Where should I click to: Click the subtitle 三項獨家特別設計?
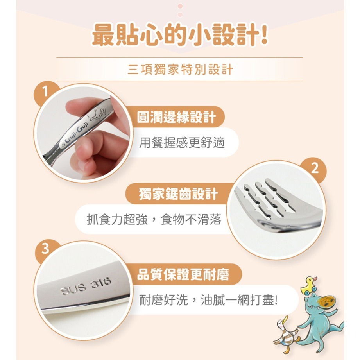[180, 70]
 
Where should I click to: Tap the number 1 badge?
[46, 92]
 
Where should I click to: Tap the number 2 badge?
[315, 168]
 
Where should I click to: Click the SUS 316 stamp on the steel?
[86, 286]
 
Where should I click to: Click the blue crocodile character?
[319, 317]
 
